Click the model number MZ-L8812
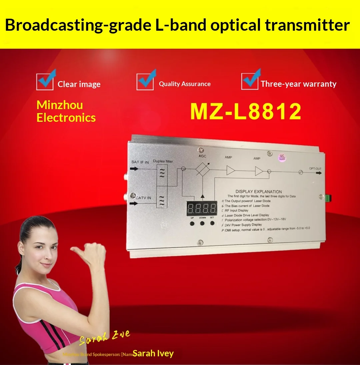tap(246, 111)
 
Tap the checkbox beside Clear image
tap(45, 82)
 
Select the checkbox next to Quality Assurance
tap(145, 82)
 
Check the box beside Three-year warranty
tap(250, 81)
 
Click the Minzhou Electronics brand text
tap(66, 111)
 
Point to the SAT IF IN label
tap(140, 162)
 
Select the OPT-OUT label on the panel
tap(315, 168)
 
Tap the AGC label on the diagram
tap(202, 156)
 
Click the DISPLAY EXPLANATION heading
tap(258, 192)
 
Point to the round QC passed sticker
tap(282, 157)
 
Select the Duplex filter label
tap(163, 161)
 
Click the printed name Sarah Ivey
tap(153, 353)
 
